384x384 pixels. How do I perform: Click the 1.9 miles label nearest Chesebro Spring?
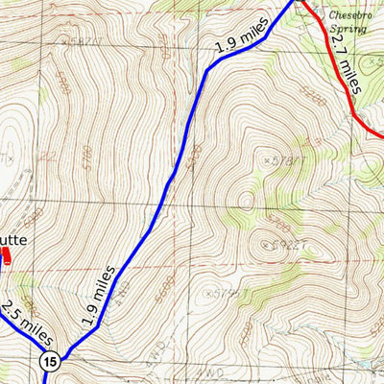point(240,38)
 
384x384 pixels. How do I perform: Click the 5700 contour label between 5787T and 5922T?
point(278,223)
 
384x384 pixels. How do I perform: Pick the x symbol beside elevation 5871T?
point(64,41)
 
